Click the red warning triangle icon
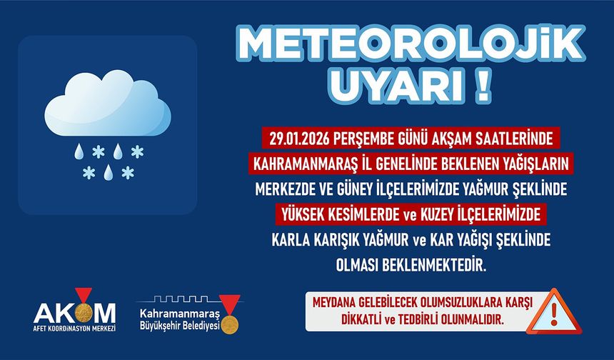click(x=554, y=312)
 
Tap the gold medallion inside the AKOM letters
click(x=85, y=312)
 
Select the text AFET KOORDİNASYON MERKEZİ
click(x=74, y=330)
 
